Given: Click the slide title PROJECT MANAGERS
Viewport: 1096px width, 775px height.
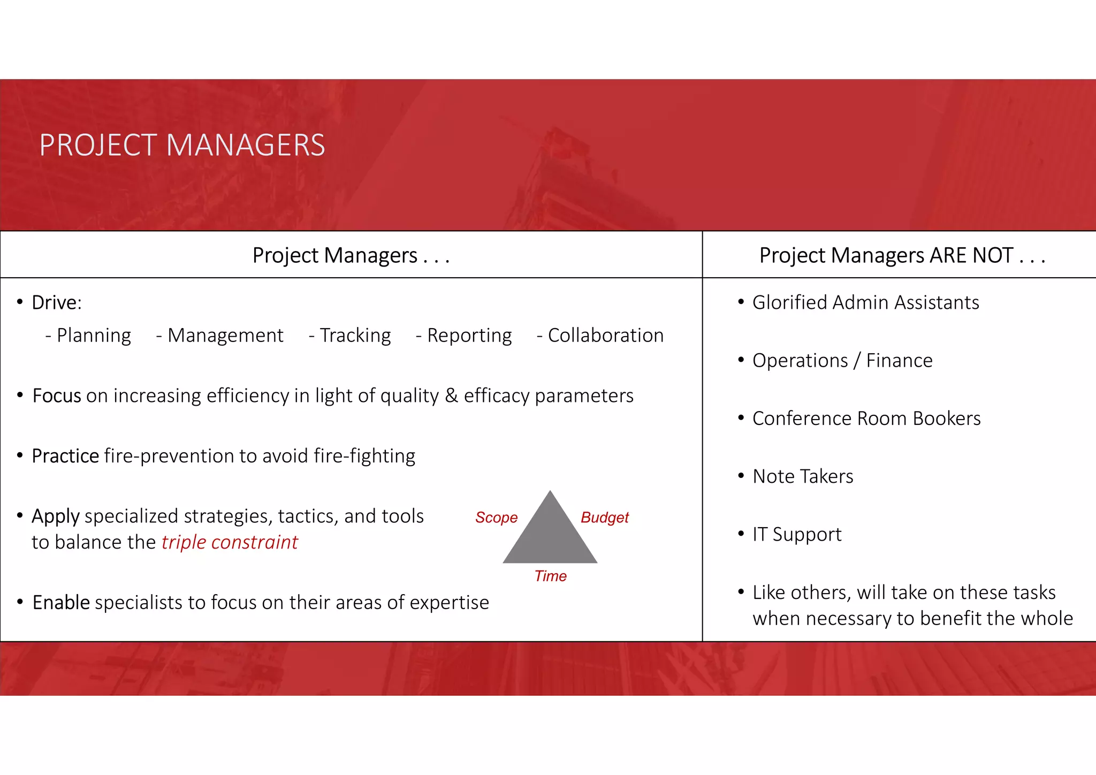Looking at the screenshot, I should (182, 145).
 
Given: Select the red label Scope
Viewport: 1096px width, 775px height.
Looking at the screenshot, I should (496, 518).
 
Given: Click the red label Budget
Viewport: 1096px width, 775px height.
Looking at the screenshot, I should (605, 518).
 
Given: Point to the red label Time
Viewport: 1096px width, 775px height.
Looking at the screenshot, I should (550, 576).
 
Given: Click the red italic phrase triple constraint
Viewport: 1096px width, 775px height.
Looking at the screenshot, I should (230, 542).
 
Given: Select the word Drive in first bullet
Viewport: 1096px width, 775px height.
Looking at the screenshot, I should (55, 302).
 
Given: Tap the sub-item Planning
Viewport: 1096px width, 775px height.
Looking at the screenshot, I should (94, 336).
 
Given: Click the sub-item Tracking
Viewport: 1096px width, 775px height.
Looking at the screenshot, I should (355, 336).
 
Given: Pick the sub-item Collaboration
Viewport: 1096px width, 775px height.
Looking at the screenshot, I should (605, 336).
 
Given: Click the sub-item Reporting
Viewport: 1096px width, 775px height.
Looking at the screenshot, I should (469, 336).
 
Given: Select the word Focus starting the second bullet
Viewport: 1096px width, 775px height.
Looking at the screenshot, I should (57, 396).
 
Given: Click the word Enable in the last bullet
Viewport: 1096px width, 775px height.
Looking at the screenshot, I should (61, 603).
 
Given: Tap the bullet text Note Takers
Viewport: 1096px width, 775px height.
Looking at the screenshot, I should (803, 476).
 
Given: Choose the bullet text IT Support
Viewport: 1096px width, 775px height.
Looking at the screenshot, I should (797, 534).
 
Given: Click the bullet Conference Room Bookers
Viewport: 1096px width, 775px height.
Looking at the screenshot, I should (866, 419).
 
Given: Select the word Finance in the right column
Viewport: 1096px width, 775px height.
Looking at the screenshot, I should (899, 361).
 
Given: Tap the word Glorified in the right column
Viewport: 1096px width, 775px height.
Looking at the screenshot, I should (789, 302).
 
